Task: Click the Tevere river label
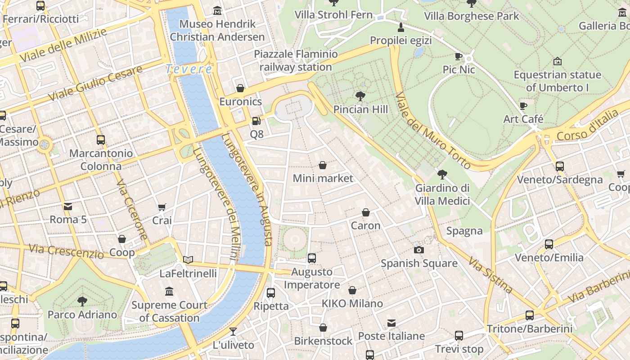(x=189, y=69)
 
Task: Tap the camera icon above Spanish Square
(x=419, y=250)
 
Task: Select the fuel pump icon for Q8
(x=256, y=121)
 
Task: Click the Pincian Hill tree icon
(x=360, y=96)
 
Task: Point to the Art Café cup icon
(x=523, y=106)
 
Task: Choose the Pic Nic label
(x=459, y=70)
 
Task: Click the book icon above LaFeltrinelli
(x=188, y=260)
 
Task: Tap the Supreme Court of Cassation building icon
(x=169, y=292)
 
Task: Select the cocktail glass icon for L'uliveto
(x=233, y=332)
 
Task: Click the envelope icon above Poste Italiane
(x=391, y=323)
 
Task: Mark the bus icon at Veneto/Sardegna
(x=559, y=166)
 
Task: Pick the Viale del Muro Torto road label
(x=432, y=130)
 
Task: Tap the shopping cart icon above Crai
(x=162, y=207)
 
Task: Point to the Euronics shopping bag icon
(x=240, y=88)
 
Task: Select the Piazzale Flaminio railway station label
(x=296, y=61)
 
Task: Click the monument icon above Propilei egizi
(x=400, y=27)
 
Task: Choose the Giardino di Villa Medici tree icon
(x=442, y=175)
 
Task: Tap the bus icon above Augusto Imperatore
(x=311, y=258)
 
